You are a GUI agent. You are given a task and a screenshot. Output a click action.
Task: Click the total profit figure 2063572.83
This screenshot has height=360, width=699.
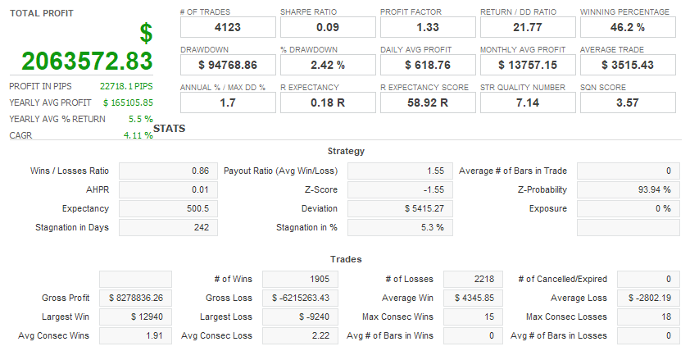point(88,62)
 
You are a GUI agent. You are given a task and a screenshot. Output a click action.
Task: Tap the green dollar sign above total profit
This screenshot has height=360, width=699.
point(146,34)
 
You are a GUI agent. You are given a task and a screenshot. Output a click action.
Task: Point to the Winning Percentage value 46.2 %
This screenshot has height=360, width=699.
point(628,28)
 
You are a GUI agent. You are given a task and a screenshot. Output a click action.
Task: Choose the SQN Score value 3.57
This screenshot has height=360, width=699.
point(628,103)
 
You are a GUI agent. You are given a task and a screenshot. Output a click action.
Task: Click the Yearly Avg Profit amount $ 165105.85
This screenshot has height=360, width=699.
point(128,103)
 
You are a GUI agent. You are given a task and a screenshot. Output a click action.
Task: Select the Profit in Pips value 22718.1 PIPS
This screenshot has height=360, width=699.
point(126,86)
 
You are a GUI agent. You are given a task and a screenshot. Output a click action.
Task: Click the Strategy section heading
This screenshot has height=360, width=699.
point(346,151)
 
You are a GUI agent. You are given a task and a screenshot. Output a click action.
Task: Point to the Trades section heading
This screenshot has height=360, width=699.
point(346,259)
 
